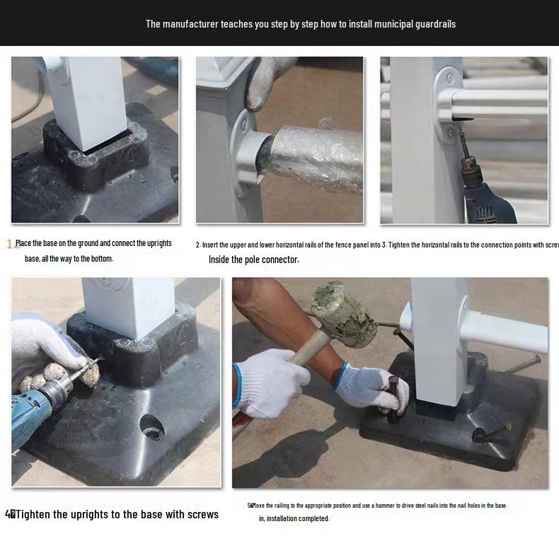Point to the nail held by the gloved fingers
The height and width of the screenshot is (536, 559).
[x=393, y=400]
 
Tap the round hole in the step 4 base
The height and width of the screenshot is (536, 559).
[x=152, y=426]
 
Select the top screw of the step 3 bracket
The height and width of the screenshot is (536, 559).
[x=447, y=75]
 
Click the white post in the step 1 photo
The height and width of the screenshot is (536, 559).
[x=93, y=95]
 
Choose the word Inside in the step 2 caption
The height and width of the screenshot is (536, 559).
[x=221, y=260]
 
